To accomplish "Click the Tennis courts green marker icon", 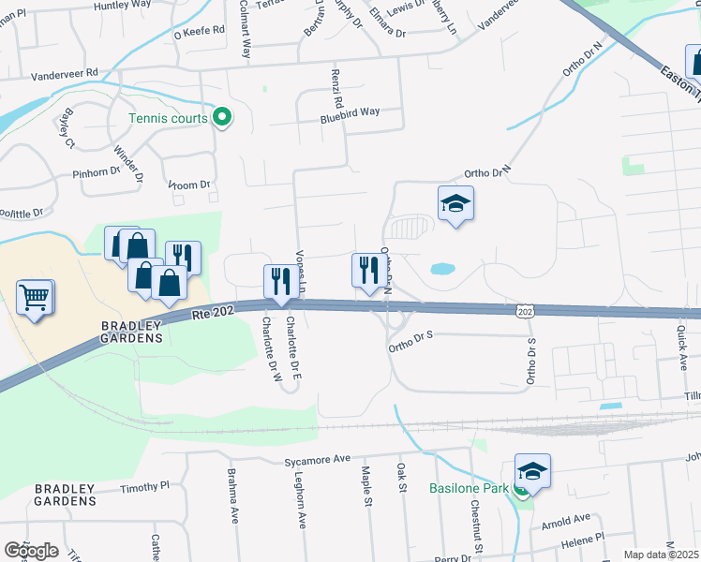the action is [222, 118].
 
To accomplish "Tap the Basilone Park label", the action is [469, 488].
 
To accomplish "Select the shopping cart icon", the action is [35, 299].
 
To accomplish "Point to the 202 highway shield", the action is [525, 310].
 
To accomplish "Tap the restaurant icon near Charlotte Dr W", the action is [280, 282].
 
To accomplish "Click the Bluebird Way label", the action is [350, 111].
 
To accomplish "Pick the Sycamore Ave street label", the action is [317, 461].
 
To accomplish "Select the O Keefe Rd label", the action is [201, 30].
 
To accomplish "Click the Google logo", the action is [31, 550].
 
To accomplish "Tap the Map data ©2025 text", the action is [661, 555].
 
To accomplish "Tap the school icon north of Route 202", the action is [455, 203].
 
